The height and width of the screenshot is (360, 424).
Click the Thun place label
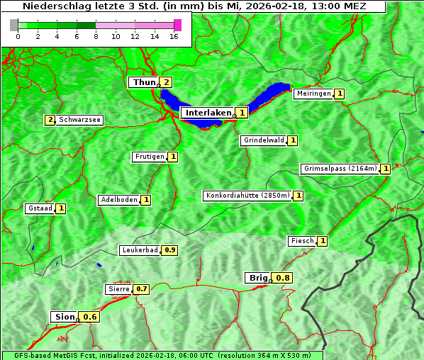(143, 83)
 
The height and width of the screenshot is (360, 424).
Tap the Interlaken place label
(208, 113)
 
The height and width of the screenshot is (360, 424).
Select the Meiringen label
(313, 94)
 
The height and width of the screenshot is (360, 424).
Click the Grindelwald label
(264, 140)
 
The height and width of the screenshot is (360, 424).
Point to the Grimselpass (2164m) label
(340, 169)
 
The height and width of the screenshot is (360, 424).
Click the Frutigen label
(149, 157)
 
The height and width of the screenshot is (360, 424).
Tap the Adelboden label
(118, 200)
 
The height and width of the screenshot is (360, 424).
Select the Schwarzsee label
(80, 120)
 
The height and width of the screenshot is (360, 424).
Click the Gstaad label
(40, 208)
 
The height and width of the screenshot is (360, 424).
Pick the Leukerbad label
(140, 250)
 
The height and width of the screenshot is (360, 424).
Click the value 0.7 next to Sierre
(142, 289)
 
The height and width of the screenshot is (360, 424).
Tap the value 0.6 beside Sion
(90, 317)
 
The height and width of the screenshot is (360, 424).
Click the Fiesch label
(302, 241)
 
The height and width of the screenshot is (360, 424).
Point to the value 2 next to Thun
(166, 82)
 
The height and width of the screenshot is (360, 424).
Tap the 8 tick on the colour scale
(96, 37)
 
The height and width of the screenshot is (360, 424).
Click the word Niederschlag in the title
(53, 6)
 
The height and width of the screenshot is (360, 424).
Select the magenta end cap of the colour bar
(177, 25)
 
